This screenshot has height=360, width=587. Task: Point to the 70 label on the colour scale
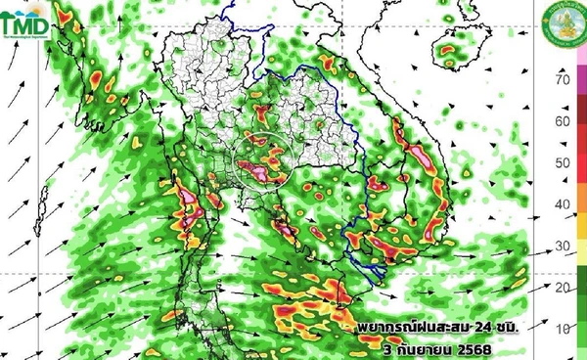click(562, 79)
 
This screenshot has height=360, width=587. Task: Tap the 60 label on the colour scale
click(562, 121)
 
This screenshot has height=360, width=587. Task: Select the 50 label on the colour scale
click(562, 162)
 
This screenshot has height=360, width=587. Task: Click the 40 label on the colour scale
click(562, 204)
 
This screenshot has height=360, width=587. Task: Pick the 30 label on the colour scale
click(562, 246)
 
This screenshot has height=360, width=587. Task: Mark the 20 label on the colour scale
click(562, 287)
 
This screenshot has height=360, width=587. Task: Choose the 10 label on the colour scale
click(562, 328)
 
